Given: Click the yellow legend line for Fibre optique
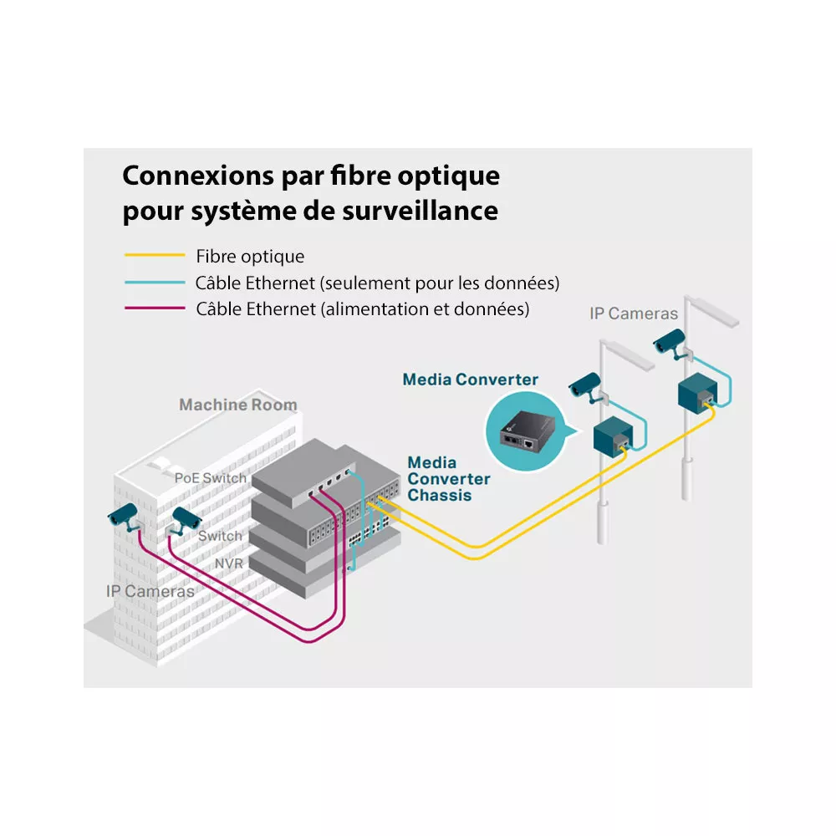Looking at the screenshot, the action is [x=155, y=255].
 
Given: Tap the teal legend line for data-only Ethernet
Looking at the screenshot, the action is [x=155, y=282].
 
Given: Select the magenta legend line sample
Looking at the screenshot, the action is [x=155, y=308].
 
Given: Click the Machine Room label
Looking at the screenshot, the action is [x=237, y=405].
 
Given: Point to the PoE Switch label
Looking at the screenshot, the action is [x=211, y=477].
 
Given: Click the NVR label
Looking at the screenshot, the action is [x=229, y=563].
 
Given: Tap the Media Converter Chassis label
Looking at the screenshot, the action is [x=448, y=479].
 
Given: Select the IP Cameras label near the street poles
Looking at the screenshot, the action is [x=634, y=313].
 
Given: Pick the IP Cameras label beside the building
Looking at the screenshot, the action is [x=150, y=591].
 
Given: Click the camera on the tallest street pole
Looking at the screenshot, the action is [x=670, y=342].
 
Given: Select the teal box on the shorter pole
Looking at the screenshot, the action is [x=613, y=435].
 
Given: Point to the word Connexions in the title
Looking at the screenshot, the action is [x=198, y=175].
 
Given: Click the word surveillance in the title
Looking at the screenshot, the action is [x=421, y=210].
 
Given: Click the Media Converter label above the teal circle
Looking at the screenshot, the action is [x=470, y=379].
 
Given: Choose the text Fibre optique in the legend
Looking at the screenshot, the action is [x=250, y=257].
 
